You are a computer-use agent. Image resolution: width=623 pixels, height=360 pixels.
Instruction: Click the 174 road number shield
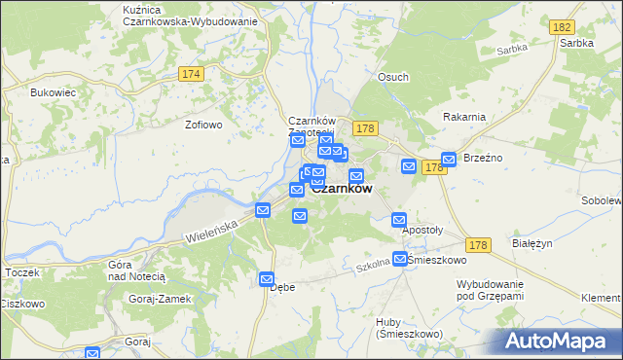click(x=191, y=74)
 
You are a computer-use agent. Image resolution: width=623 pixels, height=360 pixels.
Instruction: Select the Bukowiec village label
click(x=53, y=92)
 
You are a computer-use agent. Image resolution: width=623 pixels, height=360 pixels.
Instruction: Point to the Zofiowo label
click(x=204, y=125)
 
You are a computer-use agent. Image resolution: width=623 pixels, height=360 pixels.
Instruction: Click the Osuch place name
click(x=393, y=78)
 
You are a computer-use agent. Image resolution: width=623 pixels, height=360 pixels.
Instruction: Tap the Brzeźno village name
click(x=483, y=158)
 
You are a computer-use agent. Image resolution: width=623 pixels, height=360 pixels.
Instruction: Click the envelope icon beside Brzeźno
click(x=449, y=160)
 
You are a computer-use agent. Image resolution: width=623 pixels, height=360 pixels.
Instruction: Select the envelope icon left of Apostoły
click(x=399, y=221)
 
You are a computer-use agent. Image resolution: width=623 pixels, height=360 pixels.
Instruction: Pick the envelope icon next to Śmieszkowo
click(x=399, y=259)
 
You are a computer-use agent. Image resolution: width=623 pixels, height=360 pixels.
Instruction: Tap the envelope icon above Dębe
click(x=267, y=279)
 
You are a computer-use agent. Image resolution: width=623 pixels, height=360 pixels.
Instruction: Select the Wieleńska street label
click(x=211, y=232)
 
